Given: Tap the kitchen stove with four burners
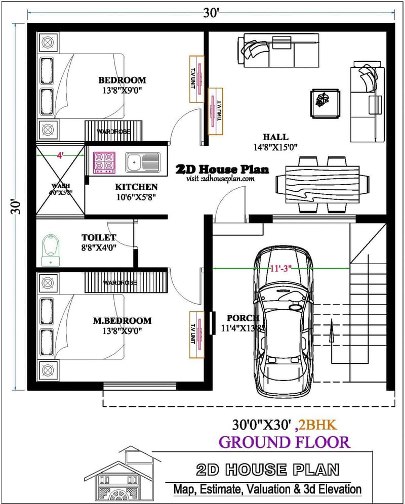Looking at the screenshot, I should click(x=104, y=162).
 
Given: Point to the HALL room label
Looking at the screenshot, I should click(x=275, y=137).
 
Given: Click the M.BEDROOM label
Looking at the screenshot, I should click(x=122, y=320).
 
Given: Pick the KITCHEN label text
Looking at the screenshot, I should click(x=136, y=187).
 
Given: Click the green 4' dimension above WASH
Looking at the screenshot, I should click(x=61, y=155).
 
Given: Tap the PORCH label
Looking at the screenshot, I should click(x=243, y=318).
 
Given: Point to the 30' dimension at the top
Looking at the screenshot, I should click(x=211, y=12).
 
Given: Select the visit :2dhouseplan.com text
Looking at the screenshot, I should click(x=220, y=178).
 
